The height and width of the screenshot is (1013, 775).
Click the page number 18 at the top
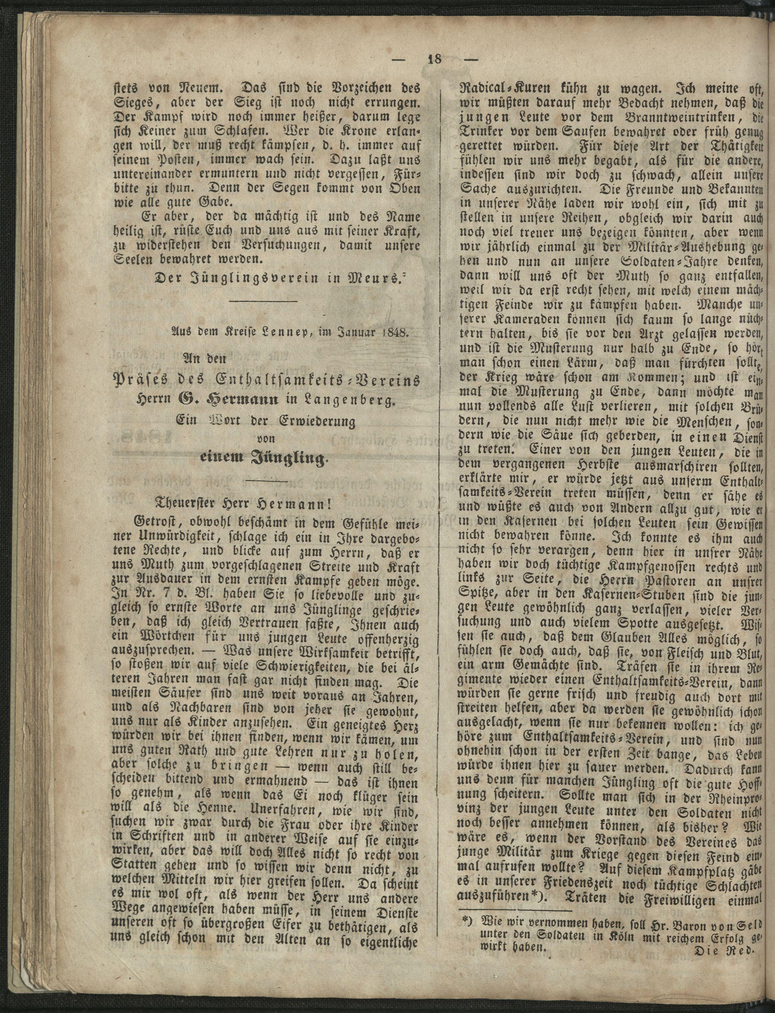pyautogui.click(x=434, y=60)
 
